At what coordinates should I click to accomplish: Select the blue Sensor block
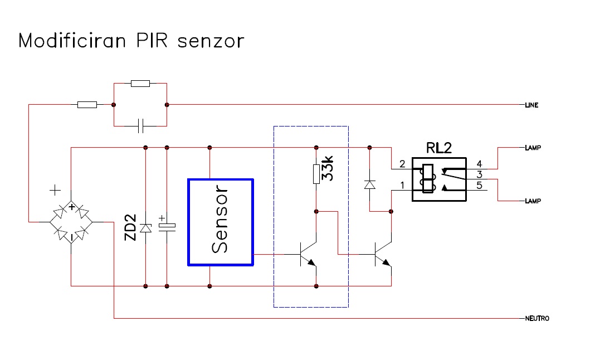(x=221, y=222)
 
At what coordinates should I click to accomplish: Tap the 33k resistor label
(x=327, y=168)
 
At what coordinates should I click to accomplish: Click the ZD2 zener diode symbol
(x=146, y=228)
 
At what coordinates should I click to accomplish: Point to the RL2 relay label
(x=439, y=148)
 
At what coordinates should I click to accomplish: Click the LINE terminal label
(x=531, y=105)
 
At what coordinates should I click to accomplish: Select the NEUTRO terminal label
(x=537, y=318)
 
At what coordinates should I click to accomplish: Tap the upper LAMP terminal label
(x=533, y=148)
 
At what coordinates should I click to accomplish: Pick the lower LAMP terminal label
(x=533, y=201)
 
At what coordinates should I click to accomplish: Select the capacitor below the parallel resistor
(x=140, y=126)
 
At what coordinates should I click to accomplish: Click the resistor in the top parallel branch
(x=140, y=83)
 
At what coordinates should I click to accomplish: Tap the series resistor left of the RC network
(x=87, y=105)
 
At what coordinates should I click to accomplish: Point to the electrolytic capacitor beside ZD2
(x=167, y=226)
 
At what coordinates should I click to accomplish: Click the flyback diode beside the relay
(x=369, y=184)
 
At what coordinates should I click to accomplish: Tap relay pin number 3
(x=479, y=174)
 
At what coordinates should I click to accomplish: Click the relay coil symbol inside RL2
(x=428, y=178)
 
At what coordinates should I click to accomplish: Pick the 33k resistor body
(x=316, y=174)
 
